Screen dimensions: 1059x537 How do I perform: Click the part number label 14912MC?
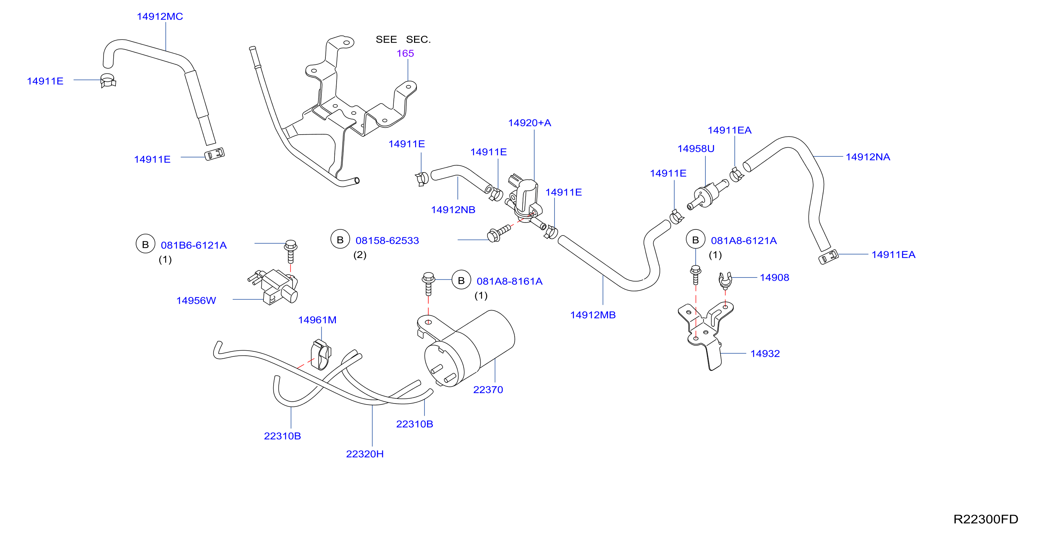(x=160, y=16)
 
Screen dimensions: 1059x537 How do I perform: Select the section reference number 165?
(x=405, y=54)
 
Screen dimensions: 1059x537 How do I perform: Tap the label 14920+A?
(x=529, y=123)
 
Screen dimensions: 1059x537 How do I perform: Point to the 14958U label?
(x=696, y=149)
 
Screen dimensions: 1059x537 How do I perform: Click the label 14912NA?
(x=868, y=157)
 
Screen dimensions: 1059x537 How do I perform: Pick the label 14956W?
(x=196, y=301)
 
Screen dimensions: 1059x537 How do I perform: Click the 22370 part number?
(x=488, y=390)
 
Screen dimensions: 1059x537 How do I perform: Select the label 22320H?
(x=365, y=454)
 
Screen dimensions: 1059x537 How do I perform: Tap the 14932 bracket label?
(x=765, y=354)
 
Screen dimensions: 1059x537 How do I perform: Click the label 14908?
(x=775, y=278)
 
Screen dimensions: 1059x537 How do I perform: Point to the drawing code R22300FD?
(x=986, y=519)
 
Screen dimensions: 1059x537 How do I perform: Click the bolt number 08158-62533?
(x=387, y=241)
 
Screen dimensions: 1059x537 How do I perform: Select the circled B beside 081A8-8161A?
(x=461, y=280)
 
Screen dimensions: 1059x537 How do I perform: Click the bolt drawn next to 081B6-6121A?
(x=291, y=251)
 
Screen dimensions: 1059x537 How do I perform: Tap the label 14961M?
(x=317, y=320)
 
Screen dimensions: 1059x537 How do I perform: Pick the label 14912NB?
(x=453, y=210)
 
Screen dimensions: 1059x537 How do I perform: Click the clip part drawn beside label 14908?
(x=725, y=280)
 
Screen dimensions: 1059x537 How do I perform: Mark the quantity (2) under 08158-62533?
(x=360, y=255)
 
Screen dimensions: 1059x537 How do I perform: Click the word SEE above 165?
(x=387, y=39)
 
